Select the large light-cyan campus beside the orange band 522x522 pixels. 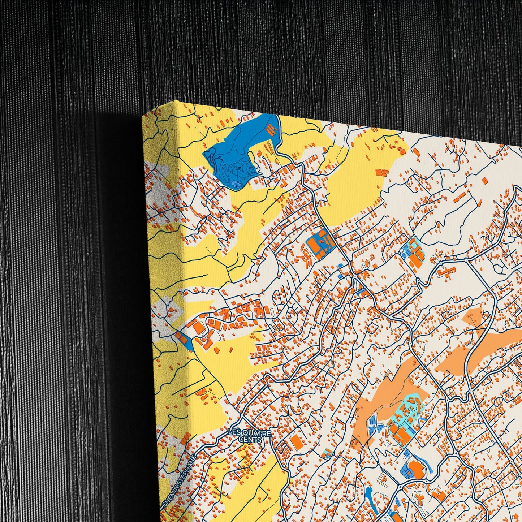[406, 415]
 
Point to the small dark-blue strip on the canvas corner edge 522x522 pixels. [184, 340]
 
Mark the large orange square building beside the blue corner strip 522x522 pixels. [198, 328]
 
